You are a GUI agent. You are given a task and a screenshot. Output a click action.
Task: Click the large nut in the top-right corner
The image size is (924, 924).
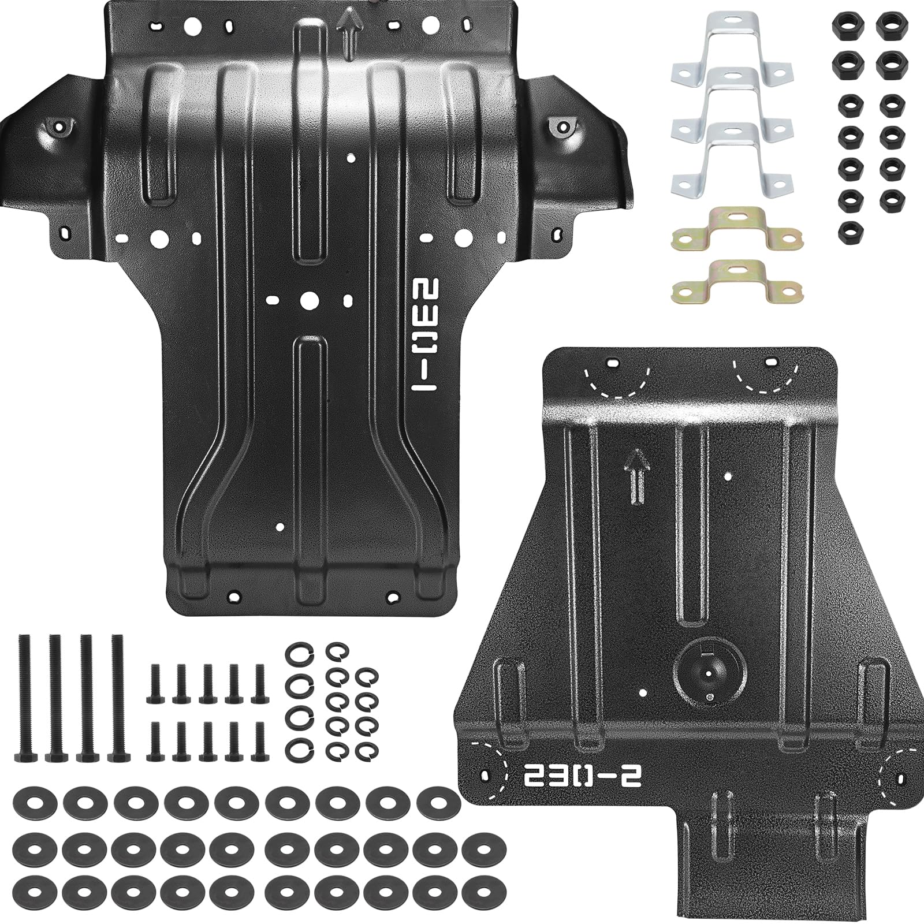pos(889,24)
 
